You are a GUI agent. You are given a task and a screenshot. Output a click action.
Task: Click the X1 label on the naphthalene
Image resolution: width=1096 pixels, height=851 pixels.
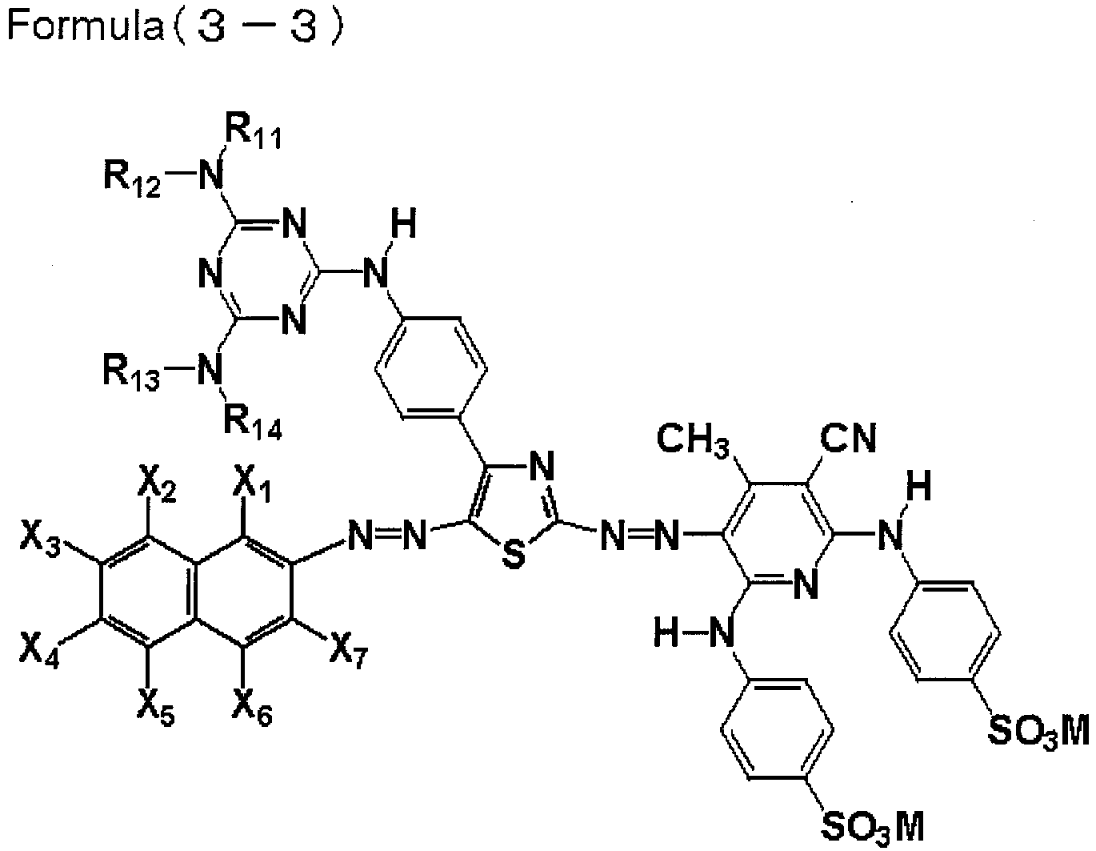252,487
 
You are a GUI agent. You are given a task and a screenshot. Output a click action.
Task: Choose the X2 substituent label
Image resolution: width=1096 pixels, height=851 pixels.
157,487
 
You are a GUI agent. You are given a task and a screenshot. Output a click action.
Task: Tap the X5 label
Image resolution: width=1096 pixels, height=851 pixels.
156,709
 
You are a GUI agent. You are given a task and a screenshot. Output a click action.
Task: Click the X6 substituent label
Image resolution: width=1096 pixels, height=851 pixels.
252,709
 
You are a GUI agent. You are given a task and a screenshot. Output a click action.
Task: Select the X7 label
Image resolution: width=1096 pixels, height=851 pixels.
349,653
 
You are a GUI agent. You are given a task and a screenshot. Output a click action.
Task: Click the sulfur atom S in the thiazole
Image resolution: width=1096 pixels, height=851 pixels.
514,555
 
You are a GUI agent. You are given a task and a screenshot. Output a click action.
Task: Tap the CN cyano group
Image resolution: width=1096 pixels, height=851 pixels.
848,437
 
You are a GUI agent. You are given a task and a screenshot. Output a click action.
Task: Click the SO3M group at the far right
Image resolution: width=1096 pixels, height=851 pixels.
1038,733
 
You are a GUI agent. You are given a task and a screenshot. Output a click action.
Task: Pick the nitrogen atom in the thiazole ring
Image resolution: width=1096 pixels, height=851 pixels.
542,465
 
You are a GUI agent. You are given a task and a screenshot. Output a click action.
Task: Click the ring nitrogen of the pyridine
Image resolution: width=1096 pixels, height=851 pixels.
806,584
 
